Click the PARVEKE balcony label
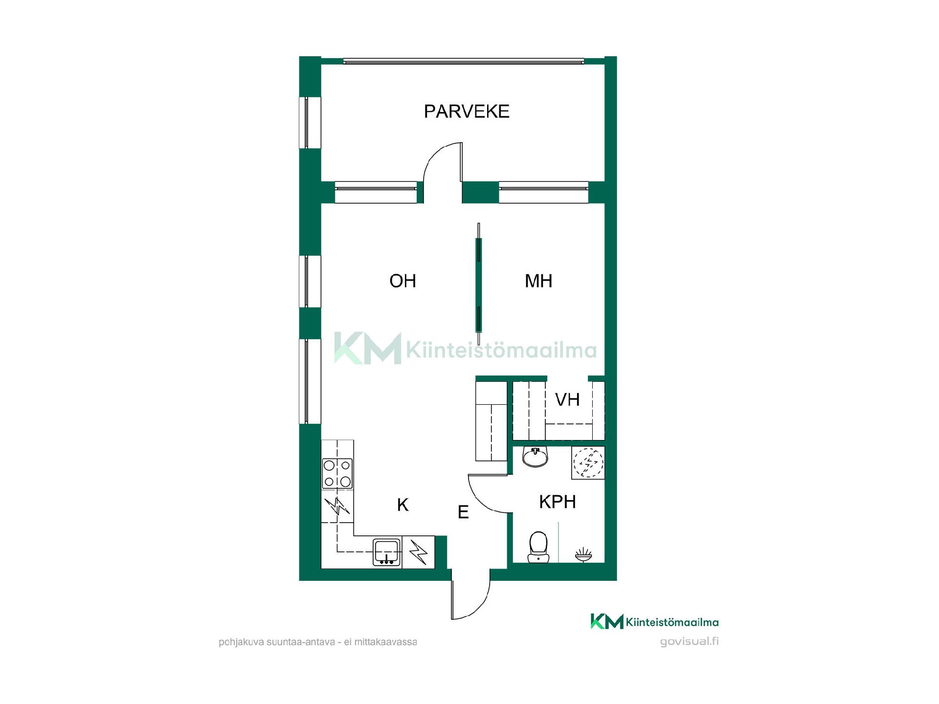[467, 111]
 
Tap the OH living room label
[402, 281]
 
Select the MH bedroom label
[538, 281]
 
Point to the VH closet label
[567, 400]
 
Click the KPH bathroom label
[558, 502]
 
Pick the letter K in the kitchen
[402, 505]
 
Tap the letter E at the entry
[463, 512]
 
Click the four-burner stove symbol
[337, 473]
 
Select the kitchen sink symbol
[387, 552]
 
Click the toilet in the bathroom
[538, 547]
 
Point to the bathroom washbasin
[536, 457]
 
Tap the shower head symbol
[583, 555]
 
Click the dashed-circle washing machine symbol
[588, 462]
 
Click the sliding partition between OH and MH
[479, 284]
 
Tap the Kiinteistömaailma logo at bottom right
[654, 621]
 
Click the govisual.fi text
[689, 641]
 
